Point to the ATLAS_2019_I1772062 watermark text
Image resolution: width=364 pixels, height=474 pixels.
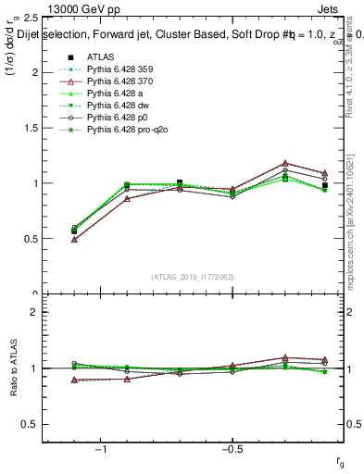pyautogui.click(x=192, y=277)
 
